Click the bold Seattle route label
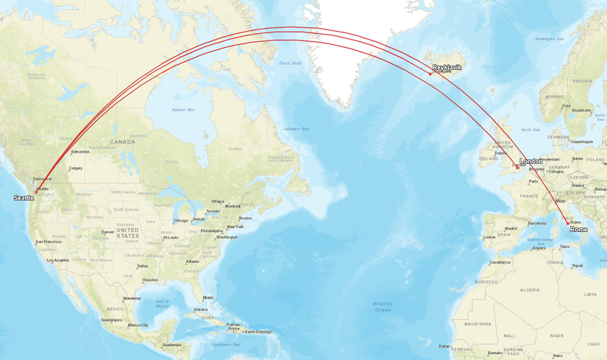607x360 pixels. [x=24, y=198]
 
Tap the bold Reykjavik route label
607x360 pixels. [x=447, y=67]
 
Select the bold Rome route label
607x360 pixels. [x=579, y=230]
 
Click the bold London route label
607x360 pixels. [x=531, y=161]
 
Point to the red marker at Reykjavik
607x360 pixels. [x=430, y=74]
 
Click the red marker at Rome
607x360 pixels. [x=567, y=222]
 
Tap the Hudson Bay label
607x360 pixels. [x=182, y=110]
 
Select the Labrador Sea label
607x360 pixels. [x=297, y=129]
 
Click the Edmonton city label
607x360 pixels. [x=80, y=152]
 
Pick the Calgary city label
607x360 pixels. [x=76, y=168]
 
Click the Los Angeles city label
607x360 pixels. [x=57, y=260]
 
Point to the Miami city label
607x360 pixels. [x=207, y=297]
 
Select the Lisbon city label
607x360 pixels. [x=489, y=237]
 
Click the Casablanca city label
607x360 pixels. [x=500, y=262]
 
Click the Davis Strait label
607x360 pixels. [x=290, y=63]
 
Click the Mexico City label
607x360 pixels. [x=138, y=325]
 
